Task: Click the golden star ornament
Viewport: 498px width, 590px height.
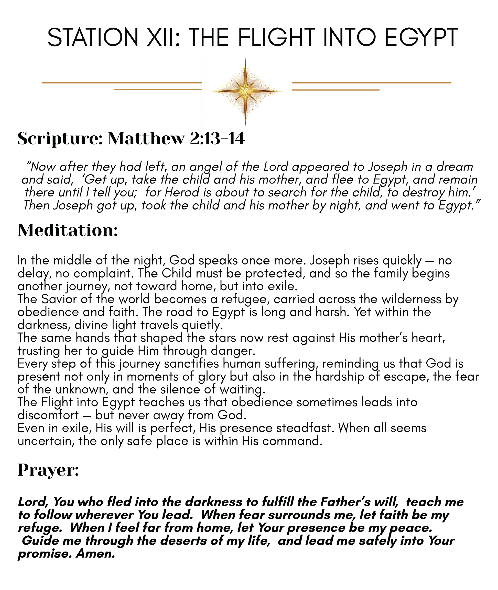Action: coord(245,91)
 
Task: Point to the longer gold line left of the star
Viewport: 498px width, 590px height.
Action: coord(121,83)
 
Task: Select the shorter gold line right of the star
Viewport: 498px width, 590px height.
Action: coord(335,90)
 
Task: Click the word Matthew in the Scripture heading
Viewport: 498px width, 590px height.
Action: coord(146,139)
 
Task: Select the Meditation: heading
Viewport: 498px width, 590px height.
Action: coord(68,230)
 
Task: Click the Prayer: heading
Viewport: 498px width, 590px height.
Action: coord(48,470)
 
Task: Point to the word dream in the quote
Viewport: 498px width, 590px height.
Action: coord(454,167)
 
